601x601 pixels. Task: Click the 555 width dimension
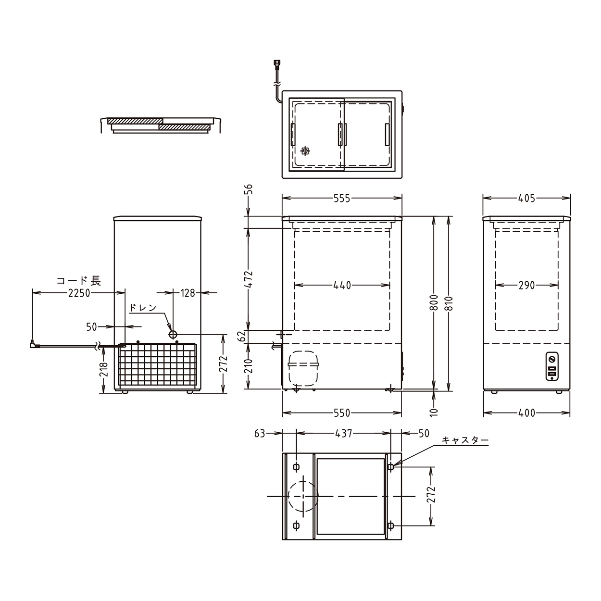click(342, 199)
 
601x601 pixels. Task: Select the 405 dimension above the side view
click(526, 199)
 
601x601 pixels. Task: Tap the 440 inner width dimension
click(342, 285)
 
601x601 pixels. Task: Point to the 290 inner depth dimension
click(526, 285)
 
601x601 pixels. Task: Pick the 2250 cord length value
click(79, 293)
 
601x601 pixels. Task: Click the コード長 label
click(78, 281)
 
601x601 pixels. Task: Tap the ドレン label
click(142, 308)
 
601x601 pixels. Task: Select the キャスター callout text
click(465, 440)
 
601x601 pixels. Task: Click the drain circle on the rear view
click(173, 335)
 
